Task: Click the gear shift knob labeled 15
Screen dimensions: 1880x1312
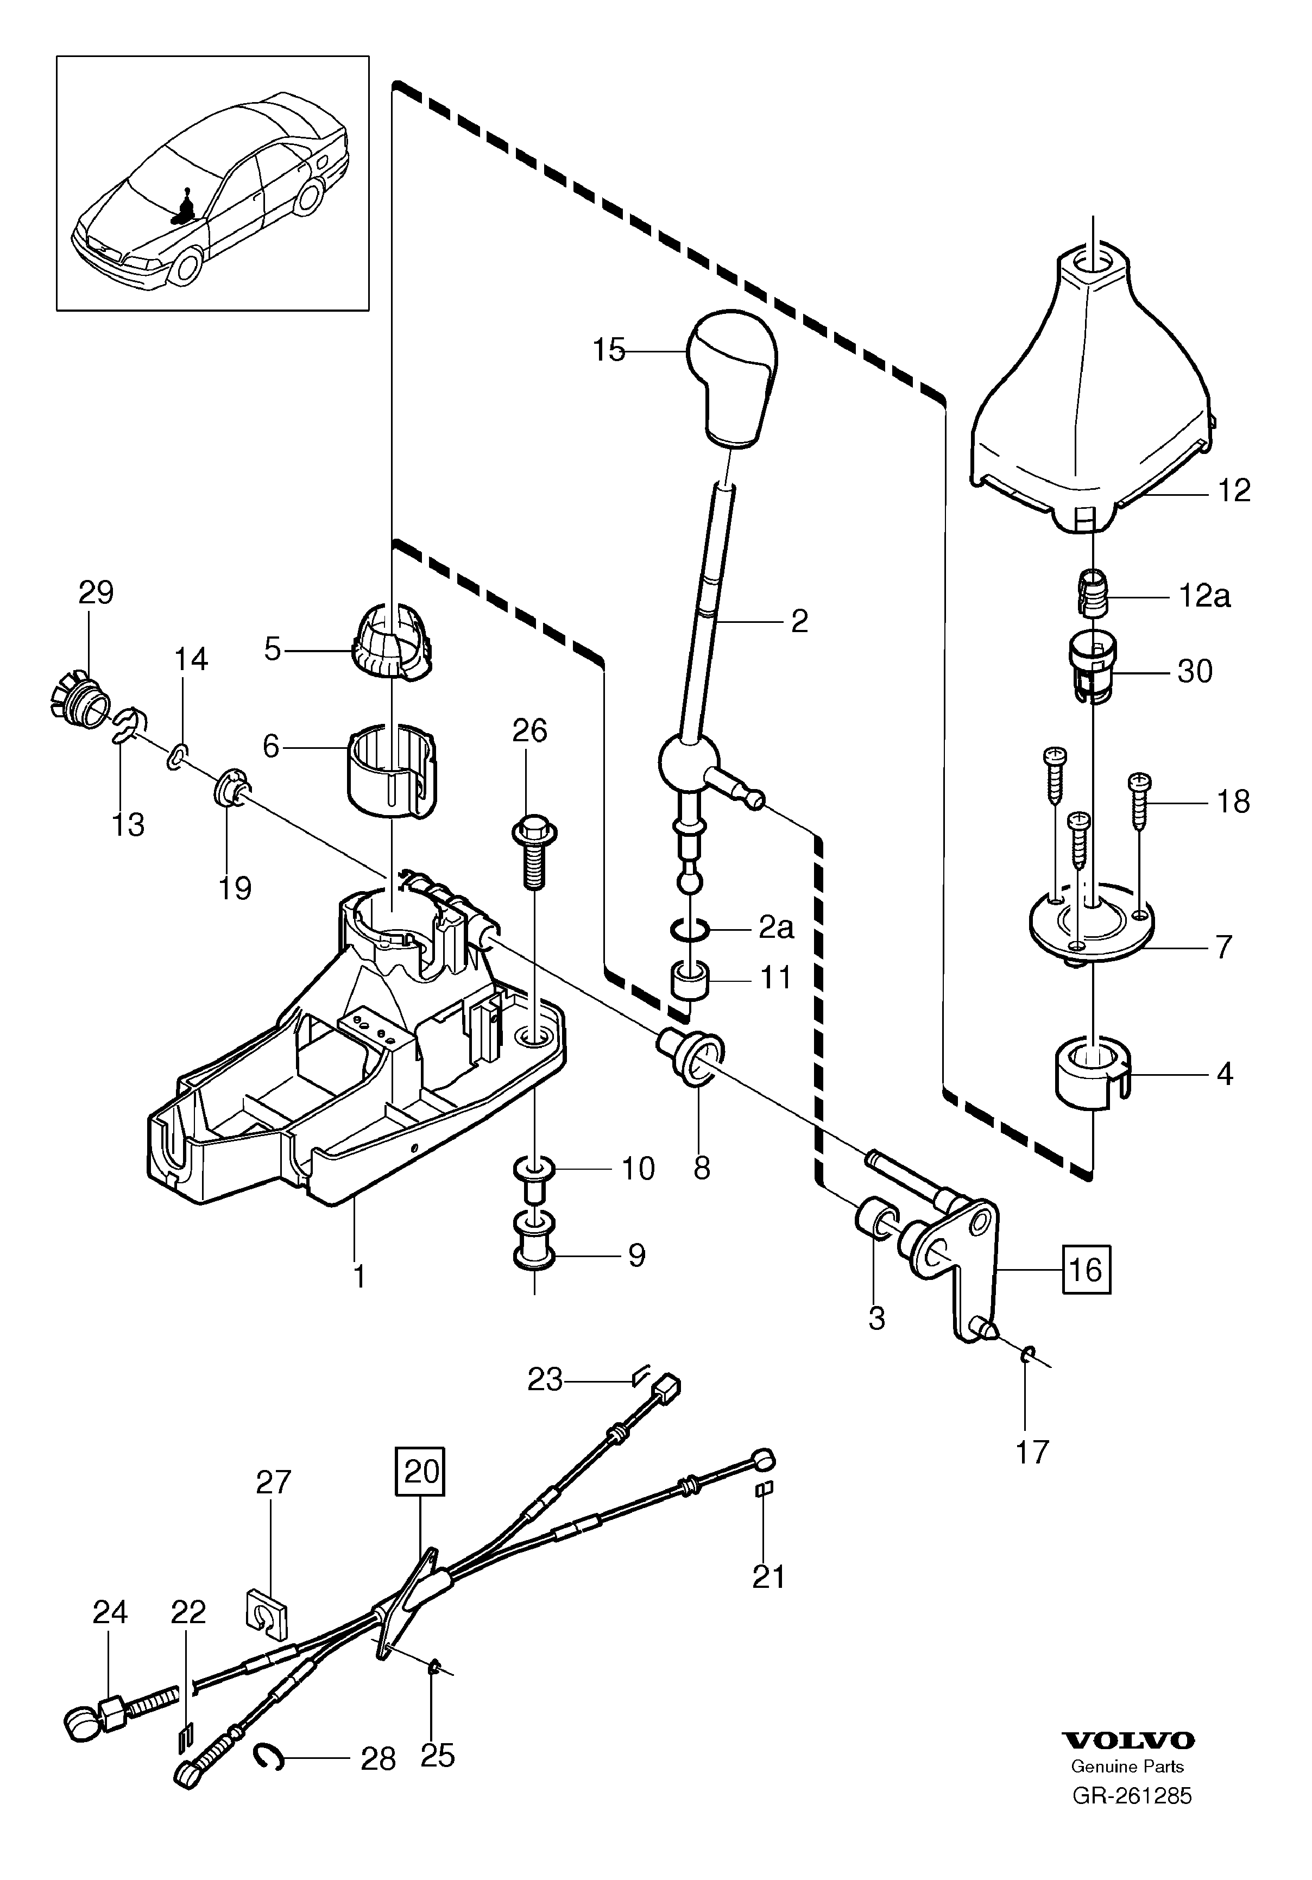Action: [733, 377]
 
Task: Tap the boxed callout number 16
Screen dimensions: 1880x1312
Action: [1086, 1292]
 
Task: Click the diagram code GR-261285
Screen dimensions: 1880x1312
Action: [1132, 1813]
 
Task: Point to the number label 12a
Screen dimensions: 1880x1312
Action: [1204, 596]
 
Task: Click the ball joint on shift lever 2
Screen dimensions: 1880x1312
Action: [689, 761]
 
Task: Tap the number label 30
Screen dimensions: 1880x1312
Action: [1194, 671]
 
